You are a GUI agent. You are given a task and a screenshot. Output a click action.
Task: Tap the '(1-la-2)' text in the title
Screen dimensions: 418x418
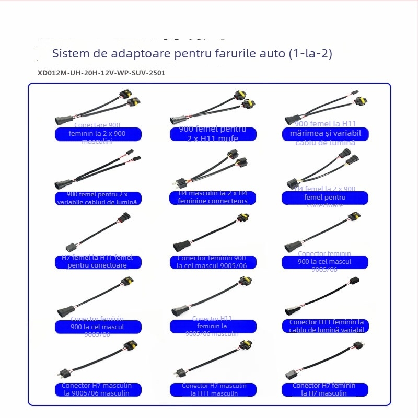point(309,53)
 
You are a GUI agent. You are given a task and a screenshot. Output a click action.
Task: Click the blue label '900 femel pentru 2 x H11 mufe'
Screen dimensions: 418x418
point(213,134)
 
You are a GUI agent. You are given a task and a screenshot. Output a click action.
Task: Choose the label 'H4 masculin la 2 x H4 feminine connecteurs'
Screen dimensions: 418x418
point(213,198)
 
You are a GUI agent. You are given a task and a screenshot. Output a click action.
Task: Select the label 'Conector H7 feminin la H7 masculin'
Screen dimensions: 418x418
point(324,389)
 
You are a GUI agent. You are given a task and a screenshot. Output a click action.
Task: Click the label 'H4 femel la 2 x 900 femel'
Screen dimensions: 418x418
point(324,198)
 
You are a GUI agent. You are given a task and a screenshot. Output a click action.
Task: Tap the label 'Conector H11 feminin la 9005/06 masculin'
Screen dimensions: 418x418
point(213,326)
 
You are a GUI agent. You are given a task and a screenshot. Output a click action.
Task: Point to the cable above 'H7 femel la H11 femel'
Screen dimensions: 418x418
point(97,233)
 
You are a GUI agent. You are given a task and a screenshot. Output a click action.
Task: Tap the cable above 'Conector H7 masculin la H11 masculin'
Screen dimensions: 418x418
point(209,361)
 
